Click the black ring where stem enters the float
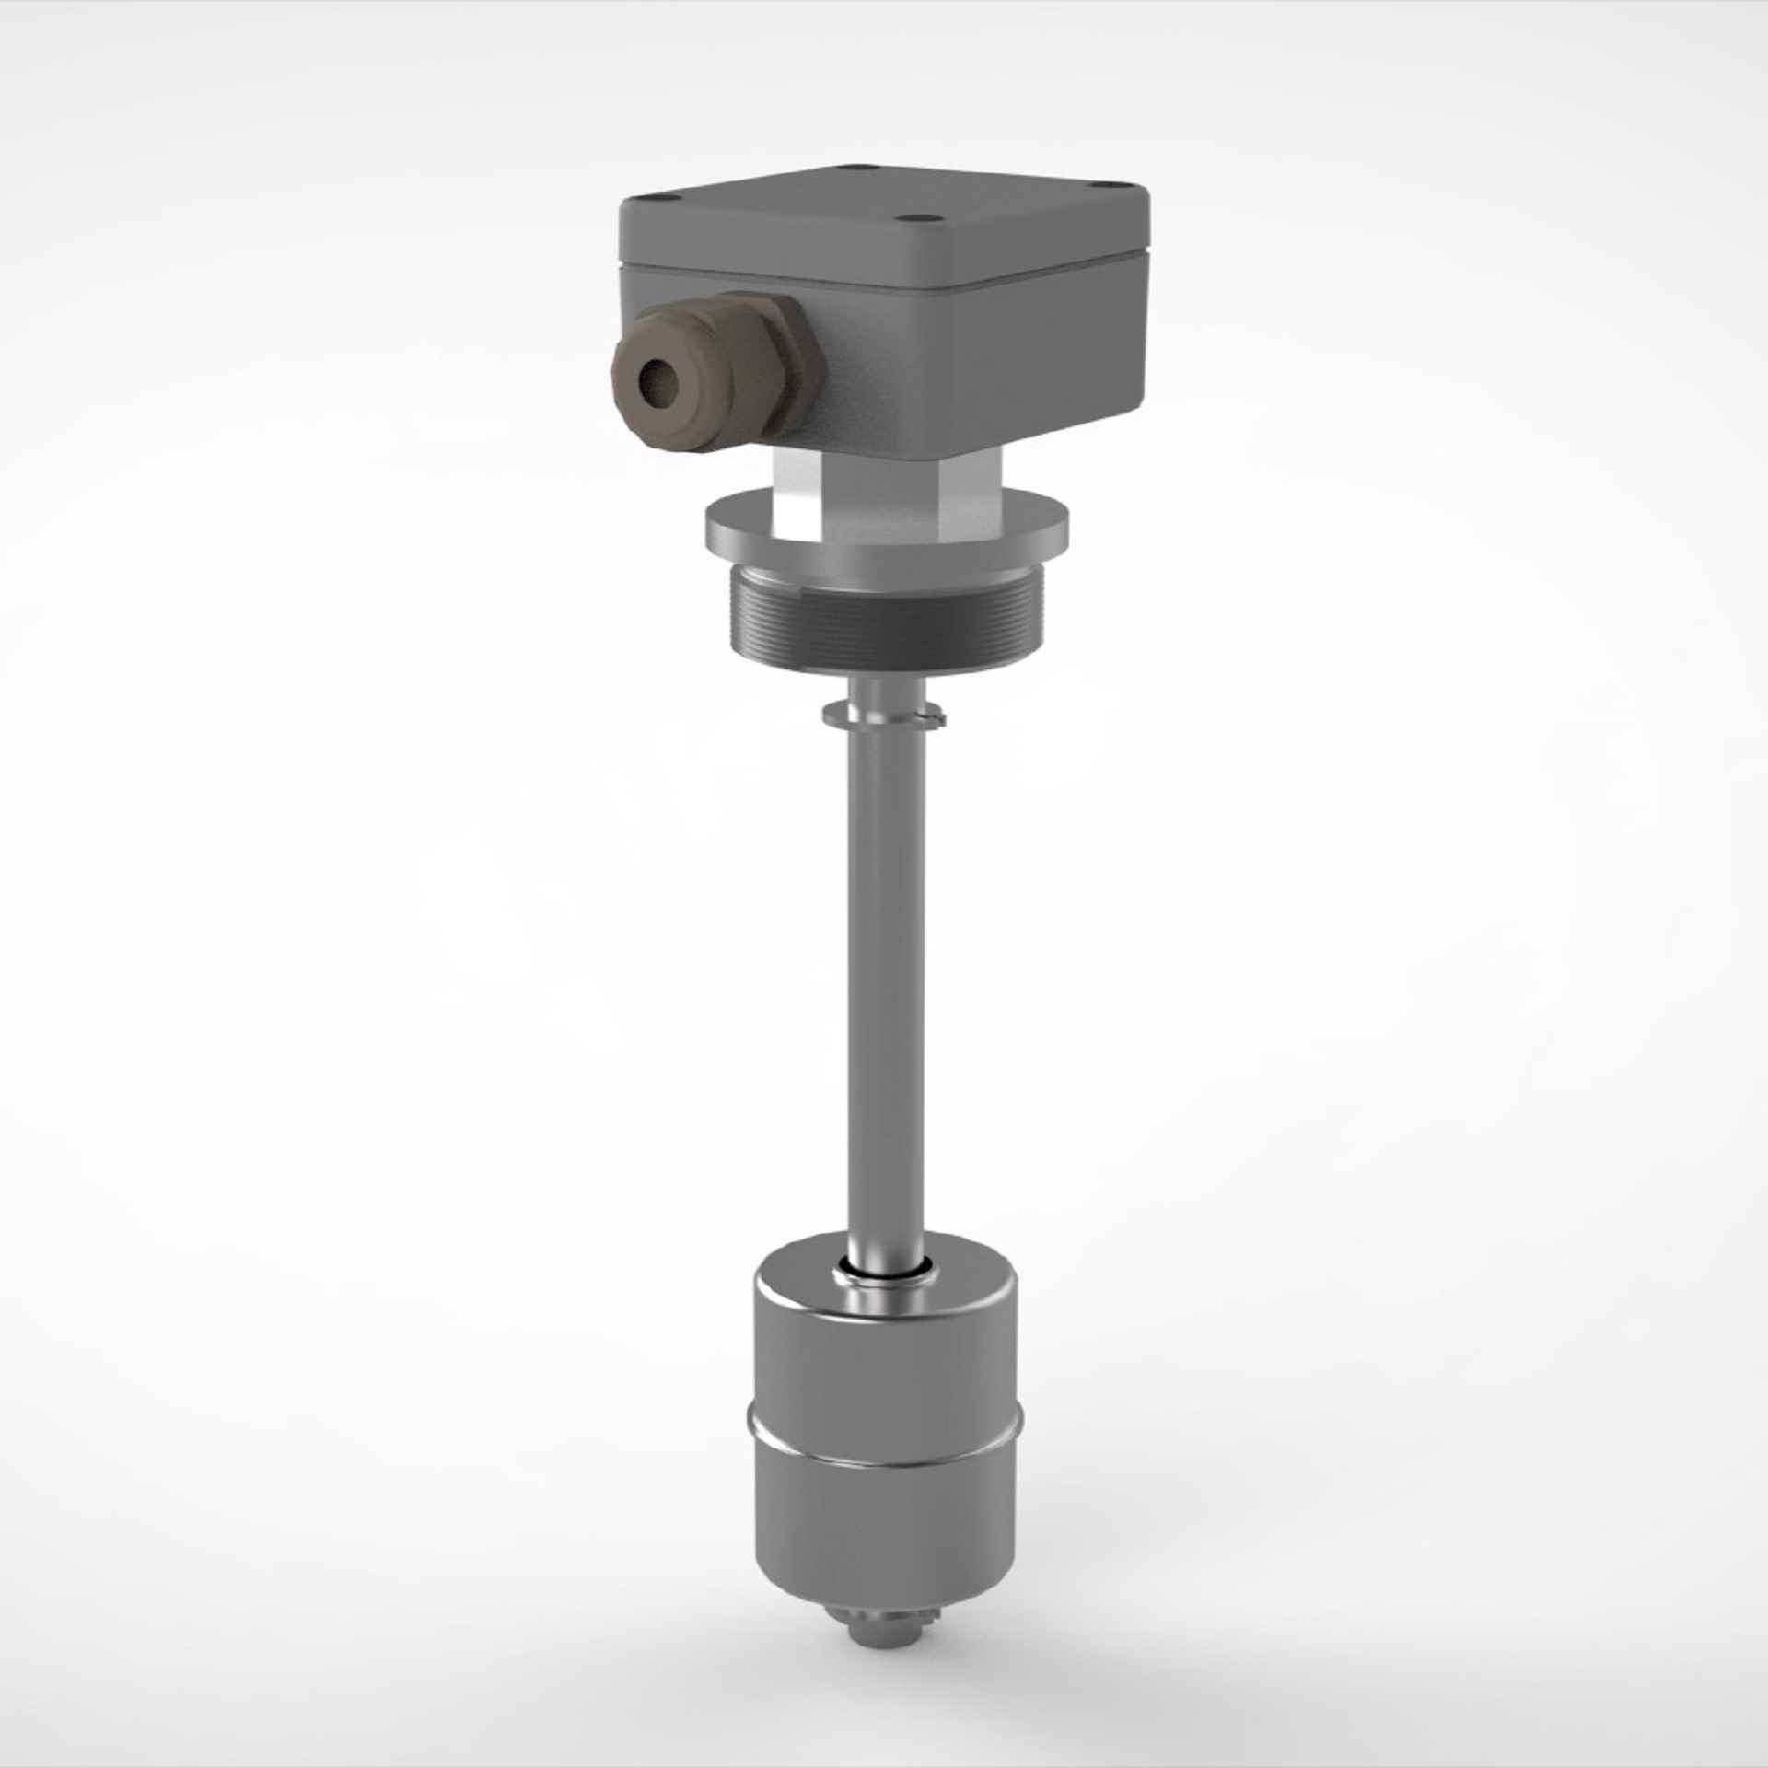(884, 1272)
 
